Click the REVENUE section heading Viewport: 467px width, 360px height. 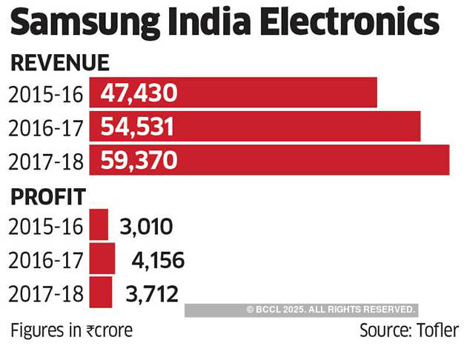pos(60,63)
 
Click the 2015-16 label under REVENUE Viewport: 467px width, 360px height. pos(45,94)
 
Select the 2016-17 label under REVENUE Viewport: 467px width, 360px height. pos(45,127)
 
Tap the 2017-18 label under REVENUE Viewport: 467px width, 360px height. pos(45,161)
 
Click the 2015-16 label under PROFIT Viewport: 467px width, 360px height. pos(45,227)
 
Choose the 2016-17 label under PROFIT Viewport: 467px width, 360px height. pos(45,260)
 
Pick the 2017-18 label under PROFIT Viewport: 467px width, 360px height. pos(45,293)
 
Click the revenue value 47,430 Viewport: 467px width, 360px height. pos(139,93)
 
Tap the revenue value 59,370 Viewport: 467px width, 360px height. pos(139,160)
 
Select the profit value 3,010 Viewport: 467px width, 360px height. pos(145,226)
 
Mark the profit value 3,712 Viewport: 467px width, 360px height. pos(151,293)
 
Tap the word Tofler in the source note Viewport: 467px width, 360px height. pos(436,330)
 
